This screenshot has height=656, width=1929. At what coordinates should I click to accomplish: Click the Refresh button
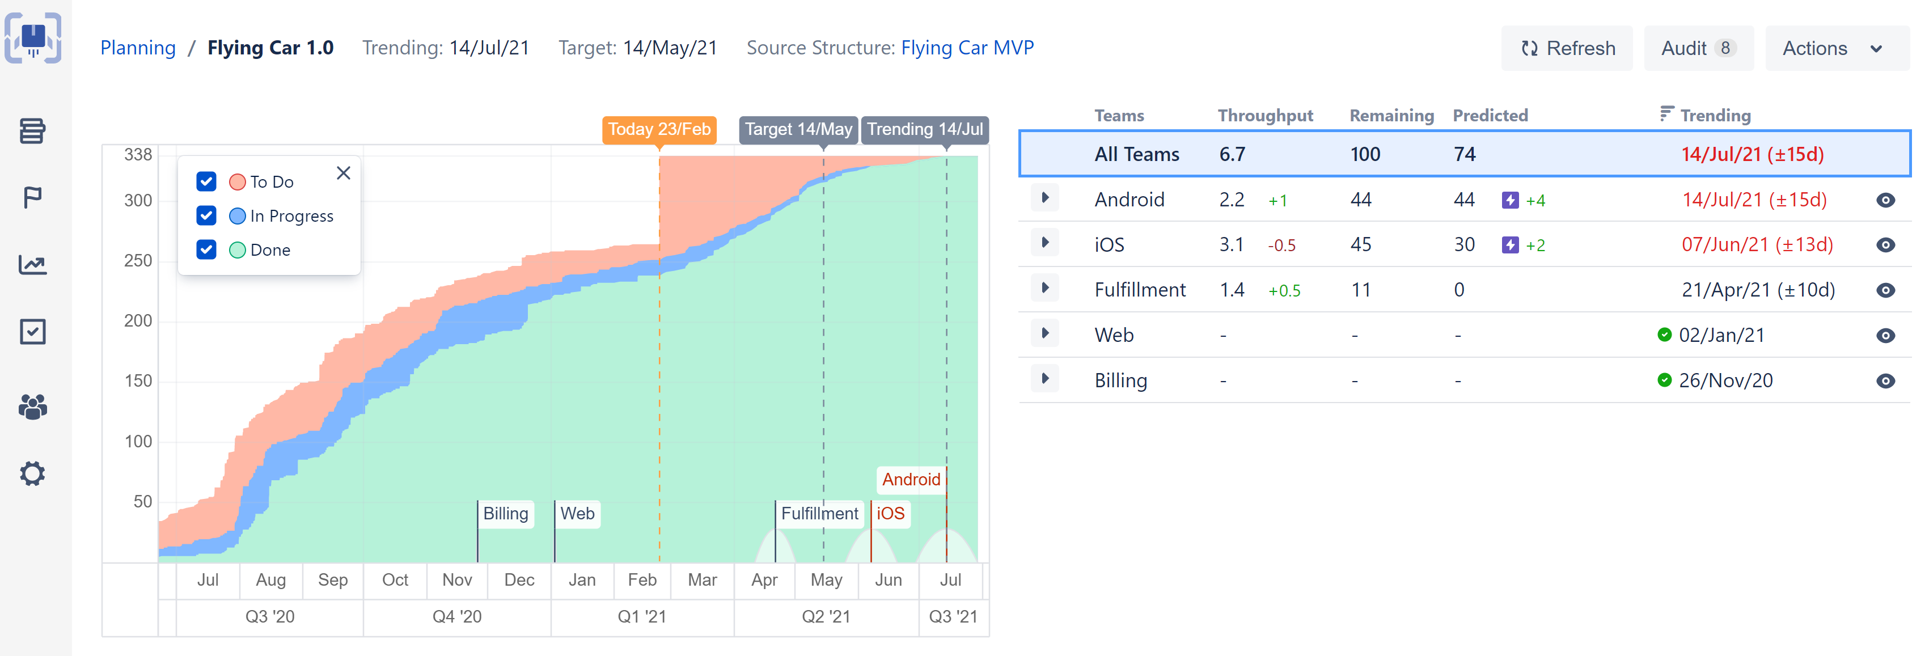[x=1567, y=49]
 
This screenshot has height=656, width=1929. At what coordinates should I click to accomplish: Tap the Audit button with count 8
[x=1698, y=49]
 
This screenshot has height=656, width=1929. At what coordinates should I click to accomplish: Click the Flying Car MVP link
[x=967, y=48]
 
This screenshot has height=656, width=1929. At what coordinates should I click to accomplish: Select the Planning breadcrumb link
[x=138, y=48]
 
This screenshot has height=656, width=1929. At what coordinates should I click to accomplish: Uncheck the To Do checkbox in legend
[x=206, y=182]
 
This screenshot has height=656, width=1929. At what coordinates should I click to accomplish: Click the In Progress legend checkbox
[x=206, y=215]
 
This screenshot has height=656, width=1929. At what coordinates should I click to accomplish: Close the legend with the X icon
[x=344, y=173]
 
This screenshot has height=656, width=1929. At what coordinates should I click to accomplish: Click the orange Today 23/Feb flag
[x=659, y=129]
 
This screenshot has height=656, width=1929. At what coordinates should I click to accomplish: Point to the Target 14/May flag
[x=798, y=129]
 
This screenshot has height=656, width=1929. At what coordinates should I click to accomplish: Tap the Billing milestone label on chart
[x=505, y=514]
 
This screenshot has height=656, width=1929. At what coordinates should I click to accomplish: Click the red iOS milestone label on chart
[x=890, y=514]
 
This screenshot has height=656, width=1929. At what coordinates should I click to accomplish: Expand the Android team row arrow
[x=1046, y=198]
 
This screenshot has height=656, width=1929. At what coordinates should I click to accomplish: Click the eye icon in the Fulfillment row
[x=1885, y=290]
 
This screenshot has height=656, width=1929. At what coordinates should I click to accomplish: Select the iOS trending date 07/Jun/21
[x=1757, y=245]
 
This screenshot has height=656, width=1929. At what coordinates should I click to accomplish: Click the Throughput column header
[x=1265, y=115]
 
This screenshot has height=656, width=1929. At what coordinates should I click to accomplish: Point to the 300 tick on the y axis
[x=138, y=201]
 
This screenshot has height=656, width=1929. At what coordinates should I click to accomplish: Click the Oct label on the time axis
[x=395, y=579]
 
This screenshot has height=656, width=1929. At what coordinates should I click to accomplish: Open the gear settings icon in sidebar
[x=33, y=473]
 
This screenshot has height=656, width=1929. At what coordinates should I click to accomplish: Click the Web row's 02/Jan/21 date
[x=1721, y=336]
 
